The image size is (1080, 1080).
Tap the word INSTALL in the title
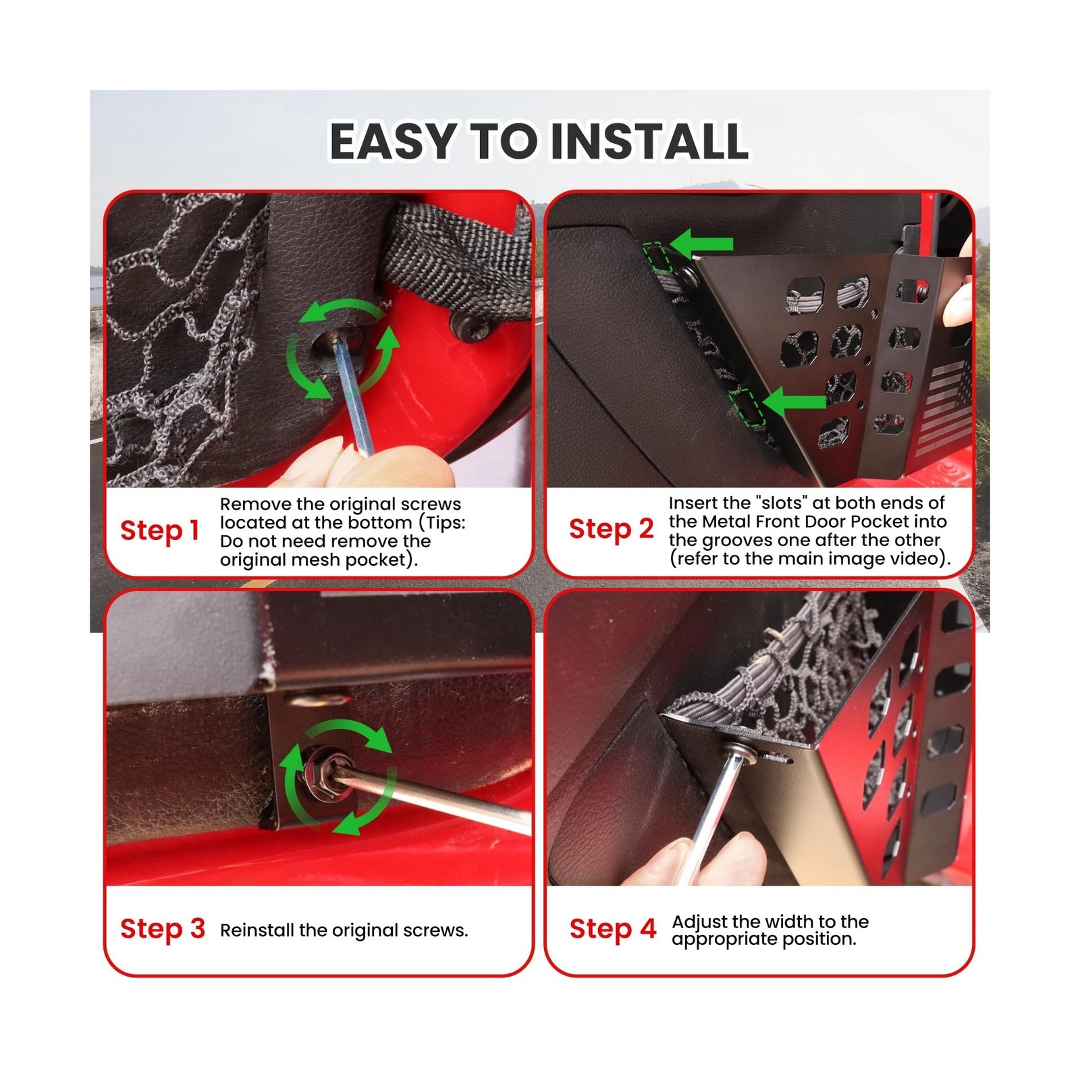[649, 142]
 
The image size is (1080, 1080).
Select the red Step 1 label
[159, 531]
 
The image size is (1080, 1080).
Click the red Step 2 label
[612, 529]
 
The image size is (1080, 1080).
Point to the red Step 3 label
[163, 929]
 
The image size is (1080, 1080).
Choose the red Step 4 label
[613, 929]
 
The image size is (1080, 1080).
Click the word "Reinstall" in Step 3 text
[257, 930]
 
